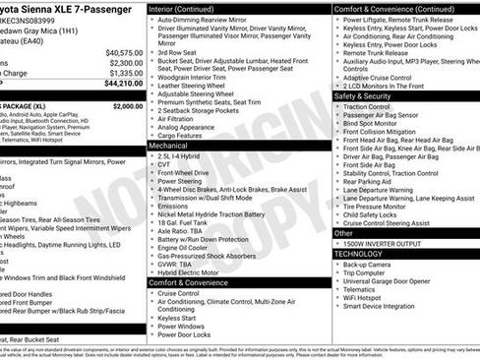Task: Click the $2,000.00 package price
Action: [127, 105]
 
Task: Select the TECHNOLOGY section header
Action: [358, 254]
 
